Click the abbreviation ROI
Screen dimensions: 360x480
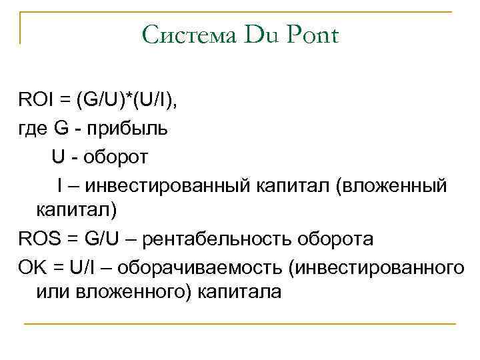tap(34, 101)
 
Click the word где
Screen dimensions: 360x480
tap(31, 129)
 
